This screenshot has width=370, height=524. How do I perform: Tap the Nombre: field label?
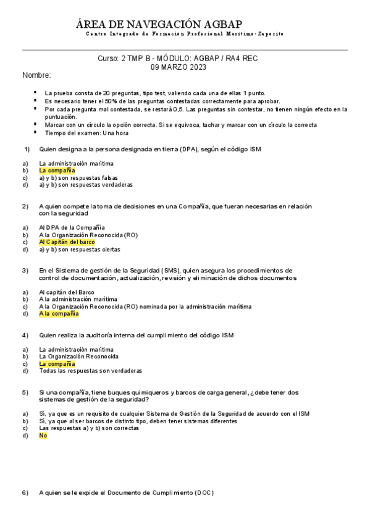tap(36, 75)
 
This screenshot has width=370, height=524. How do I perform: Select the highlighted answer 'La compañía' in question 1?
tap(57, 170)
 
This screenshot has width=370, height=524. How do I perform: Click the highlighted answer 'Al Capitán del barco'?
tap(67, 242)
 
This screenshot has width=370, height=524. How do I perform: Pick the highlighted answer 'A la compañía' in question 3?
tap(59, 313)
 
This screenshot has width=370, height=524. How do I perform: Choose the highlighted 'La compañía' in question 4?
tap(57, 364)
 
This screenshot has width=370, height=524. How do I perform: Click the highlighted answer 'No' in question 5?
tap(43, 435)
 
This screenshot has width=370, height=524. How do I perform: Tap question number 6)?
tap(25, 492)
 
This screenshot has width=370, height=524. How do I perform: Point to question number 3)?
tap(25, 270)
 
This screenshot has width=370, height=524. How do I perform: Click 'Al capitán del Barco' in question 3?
tap(67, 292)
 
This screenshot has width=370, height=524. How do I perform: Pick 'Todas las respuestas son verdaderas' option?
tap(90, 371)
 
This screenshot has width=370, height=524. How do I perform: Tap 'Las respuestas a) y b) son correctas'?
tap(89, 428)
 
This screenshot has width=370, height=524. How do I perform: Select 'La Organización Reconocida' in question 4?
tap(78, 357)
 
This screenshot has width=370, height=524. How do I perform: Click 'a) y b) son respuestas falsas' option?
tap(78, 177)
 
